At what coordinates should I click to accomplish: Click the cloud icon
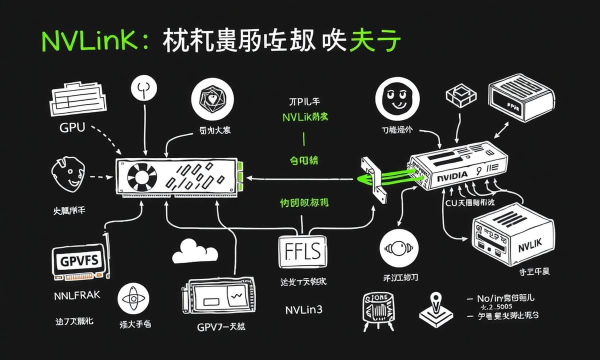(195, 251)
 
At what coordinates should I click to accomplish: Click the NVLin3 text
(303, 310)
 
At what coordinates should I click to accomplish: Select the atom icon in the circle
(133, 298)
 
